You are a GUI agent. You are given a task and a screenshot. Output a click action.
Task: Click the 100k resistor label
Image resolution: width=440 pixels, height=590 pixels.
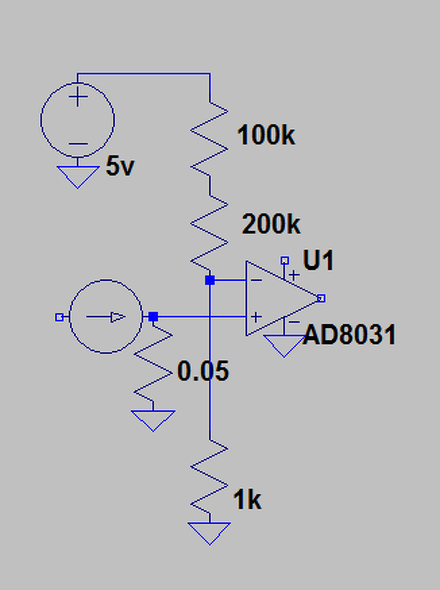(266, 136)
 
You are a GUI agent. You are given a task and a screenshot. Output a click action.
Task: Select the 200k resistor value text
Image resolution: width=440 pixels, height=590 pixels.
(271, 225)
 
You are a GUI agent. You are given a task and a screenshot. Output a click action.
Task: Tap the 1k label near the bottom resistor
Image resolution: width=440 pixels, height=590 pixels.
(247, 500)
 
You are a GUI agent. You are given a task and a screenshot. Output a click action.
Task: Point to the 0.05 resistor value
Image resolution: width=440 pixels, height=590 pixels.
(203, 372)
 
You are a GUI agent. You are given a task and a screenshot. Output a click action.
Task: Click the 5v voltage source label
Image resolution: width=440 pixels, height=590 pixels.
(120, 166)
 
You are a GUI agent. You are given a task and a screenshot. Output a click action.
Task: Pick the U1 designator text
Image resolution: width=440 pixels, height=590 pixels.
(318, 261)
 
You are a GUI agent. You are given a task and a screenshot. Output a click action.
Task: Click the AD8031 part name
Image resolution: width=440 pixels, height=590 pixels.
(350, 335)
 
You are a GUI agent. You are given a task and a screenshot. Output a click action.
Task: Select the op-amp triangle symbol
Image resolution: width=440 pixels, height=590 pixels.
(277, 298)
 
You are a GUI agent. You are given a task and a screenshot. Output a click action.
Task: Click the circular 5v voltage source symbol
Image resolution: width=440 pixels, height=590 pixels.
(77, 120)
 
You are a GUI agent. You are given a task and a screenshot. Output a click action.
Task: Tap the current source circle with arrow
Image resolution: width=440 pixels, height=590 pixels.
(106, 317)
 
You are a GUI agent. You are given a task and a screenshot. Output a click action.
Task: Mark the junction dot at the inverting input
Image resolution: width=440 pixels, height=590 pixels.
(210, 280)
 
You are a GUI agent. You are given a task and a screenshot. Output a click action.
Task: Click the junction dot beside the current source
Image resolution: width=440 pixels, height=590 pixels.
(153, 317)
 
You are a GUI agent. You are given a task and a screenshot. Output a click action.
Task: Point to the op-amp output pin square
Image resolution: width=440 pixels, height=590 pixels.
(321, 298)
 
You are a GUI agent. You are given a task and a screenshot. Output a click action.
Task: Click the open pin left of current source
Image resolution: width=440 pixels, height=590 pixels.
(59, 317)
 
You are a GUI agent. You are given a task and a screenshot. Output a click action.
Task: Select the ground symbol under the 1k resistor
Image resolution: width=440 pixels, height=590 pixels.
(209, 532)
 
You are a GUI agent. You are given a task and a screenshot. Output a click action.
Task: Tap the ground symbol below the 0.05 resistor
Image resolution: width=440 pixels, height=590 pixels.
(153, 420)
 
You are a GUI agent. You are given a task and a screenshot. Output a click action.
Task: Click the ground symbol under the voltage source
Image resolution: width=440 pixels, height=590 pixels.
(77, 177)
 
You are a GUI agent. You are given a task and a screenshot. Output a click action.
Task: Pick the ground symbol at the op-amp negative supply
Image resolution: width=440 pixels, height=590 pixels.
(284, 345)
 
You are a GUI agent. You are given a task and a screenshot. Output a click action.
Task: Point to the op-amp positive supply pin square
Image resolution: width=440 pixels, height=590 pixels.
(285, 261)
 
